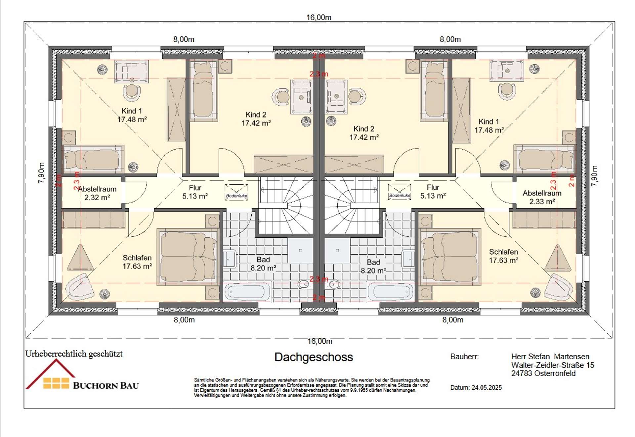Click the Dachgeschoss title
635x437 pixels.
click(314, 357)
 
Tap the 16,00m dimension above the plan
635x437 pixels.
click(319, 17)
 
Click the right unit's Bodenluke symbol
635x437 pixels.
click(400, 192)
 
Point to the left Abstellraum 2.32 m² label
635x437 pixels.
click(97, 193)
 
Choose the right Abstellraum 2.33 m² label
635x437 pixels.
click(542, 197)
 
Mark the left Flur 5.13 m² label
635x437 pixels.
click(195, 192)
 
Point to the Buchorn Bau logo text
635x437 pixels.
click(106, 385)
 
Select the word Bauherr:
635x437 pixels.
click(464, 357)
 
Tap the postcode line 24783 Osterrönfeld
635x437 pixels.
click(543, 373)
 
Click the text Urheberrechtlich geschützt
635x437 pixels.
click(74, 354)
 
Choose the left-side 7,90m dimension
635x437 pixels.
click(41, 173)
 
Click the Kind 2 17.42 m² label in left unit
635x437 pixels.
click(256, 119)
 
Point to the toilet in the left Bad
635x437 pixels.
click(303, 284)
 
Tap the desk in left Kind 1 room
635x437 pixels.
click(131, 71)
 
